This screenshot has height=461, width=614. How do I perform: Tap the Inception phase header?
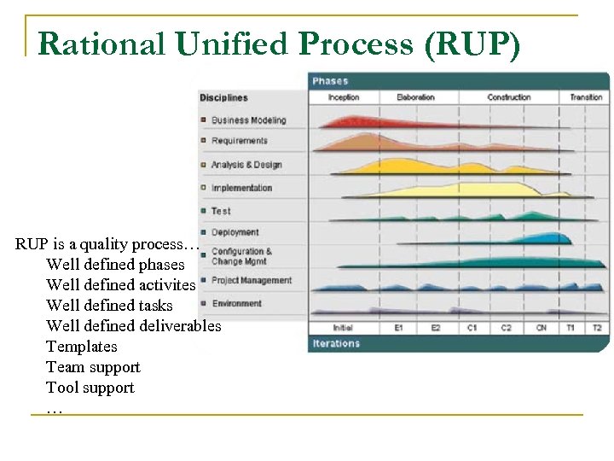pyautogui.click(x=344, y=97)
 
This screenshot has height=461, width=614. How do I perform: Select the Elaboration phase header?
pyautogui.click(x=415, y=97)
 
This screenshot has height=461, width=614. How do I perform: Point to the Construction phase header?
pyautogui.click(x=508, y=97)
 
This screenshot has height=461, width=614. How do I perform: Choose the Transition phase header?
pyautogui.click(x=586, y=97)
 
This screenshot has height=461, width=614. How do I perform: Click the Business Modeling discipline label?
pyautogui.click(x=248, y=120)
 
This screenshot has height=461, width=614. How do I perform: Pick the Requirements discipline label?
pyautogui.click(x=239, y=141)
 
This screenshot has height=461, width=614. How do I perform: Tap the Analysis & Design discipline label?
pyautogui.click(x=246, y=165)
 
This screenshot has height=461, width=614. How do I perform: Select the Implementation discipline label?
pyautogui.click(x=241, y=188)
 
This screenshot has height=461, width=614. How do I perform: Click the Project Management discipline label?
pyautogui.click(x=251, y=280)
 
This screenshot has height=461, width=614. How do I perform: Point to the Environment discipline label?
pyautogui.click(x=236, y=303)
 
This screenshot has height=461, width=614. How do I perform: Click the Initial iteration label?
pyautogui.click(x=343, y=328)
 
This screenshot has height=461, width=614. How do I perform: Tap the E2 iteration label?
pyautogui.click(x=436, y=328)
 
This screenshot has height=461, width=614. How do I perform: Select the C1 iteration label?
pyautogui.click(x=472, y=328)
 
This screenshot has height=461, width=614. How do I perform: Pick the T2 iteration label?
pyautogui.click(x=596, y=328)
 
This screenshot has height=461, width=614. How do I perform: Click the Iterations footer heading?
pyautogui.click(x=336, y=343)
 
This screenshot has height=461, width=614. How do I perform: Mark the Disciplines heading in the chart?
pyautogui.click(x=223, y=98)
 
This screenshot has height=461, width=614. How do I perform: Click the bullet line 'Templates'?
pyautogui.click(x=82, y=347)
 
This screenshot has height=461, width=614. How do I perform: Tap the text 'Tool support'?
pyautogui.click(x=90, y=388)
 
